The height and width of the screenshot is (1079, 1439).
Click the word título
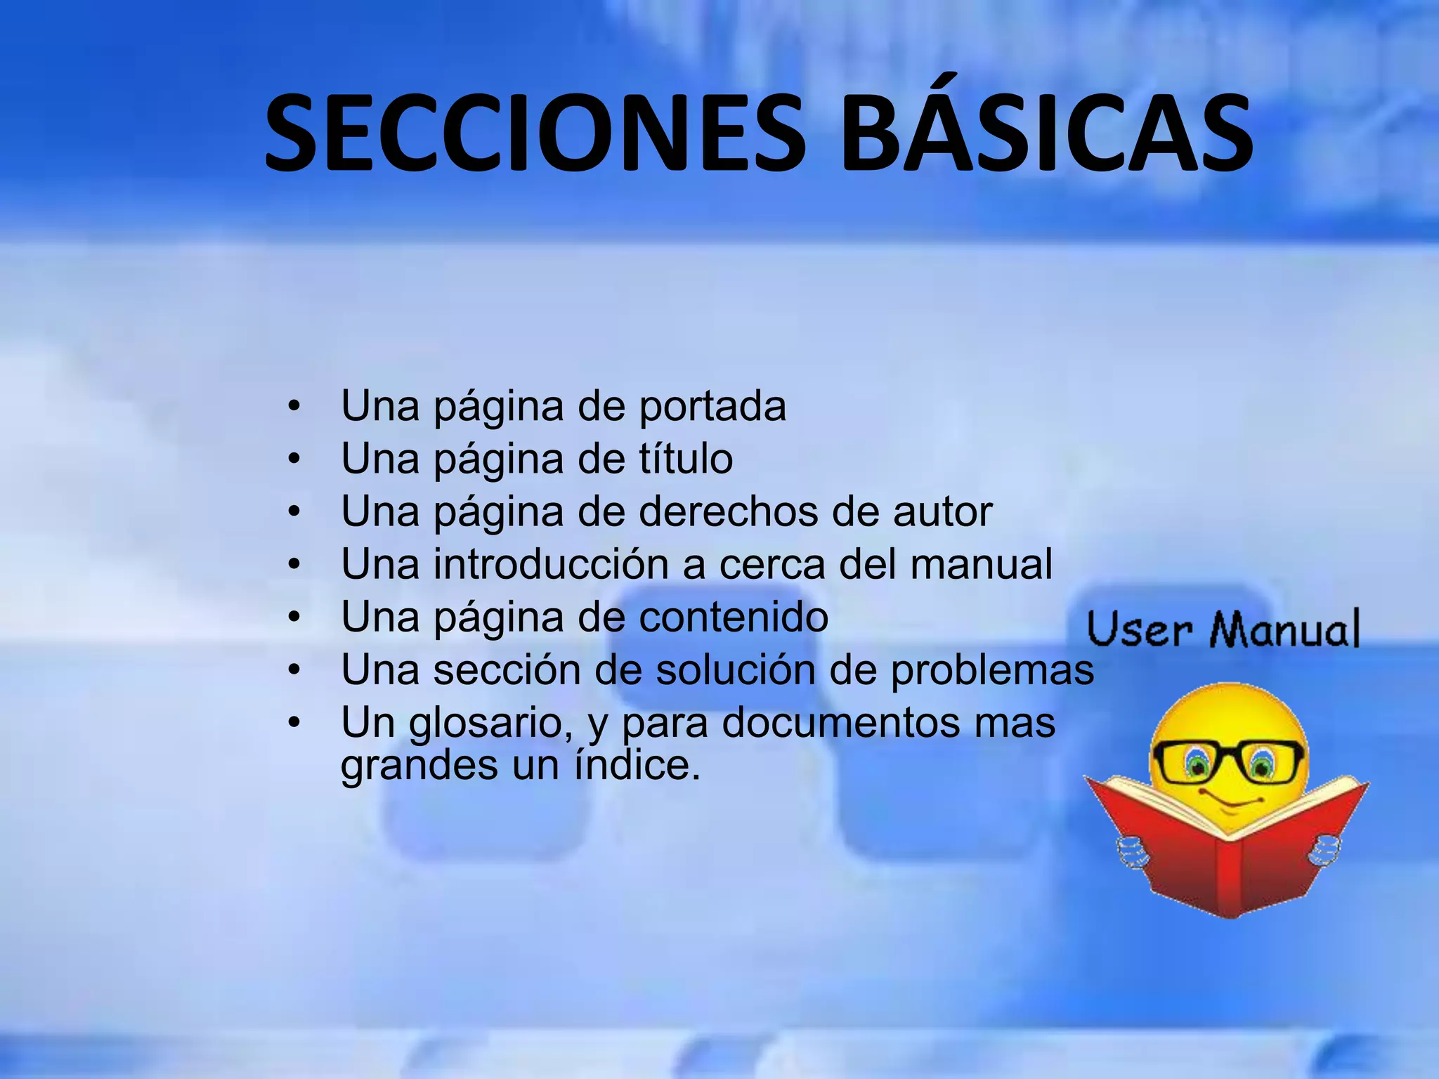click(x=685, y=459)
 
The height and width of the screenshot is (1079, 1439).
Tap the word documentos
click(x=840, y=723)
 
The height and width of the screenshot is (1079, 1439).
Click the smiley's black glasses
click(x=1227, y=762)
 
